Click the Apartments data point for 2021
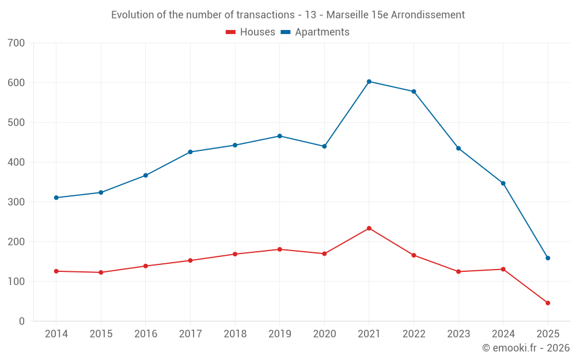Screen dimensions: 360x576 coord(369,82)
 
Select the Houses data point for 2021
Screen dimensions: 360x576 coord(369,229)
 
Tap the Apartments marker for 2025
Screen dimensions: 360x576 coord(548,258)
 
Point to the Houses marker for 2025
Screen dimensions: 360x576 coord(548,303)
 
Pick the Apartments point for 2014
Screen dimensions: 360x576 coord(56,198)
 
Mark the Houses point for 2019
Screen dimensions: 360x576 coord(280,249)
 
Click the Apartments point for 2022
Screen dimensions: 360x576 coord(414,92)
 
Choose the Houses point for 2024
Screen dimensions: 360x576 coord(503,270)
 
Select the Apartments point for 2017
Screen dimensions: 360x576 coord(190,152)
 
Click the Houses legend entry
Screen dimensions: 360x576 coord(251,32)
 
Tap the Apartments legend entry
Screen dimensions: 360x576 coord(316,32)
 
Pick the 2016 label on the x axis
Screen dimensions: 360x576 coord(146,334)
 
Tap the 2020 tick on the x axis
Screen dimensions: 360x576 coord(324,334)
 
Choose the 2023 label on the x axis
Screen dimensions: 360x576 coord(458,334)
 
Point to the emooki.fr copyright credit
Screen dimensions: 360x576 coord(526,348)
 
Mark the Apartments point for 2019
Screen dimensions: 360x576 coord(280,136)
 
